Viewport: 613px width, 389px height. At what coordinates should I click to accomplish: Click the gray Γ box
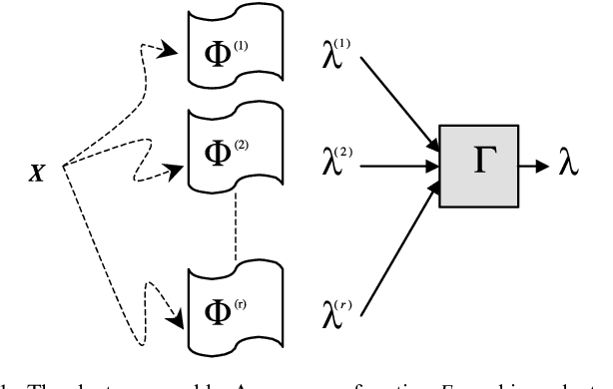[476, 168]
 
